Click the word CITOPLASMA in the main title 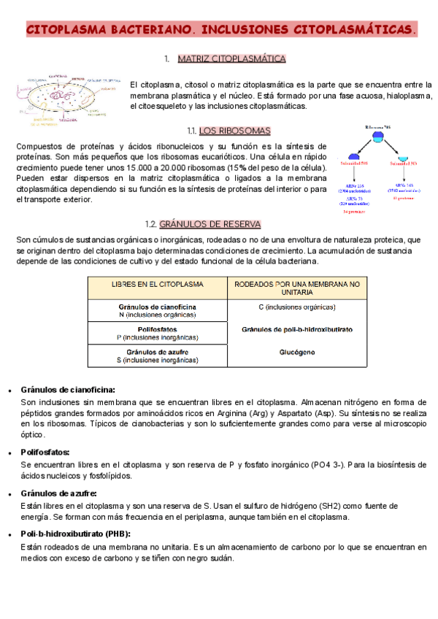pos(66,30)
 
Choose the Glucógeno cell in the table pos(296,353)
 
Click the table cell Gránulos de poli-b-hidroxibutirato pos(296,330)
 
